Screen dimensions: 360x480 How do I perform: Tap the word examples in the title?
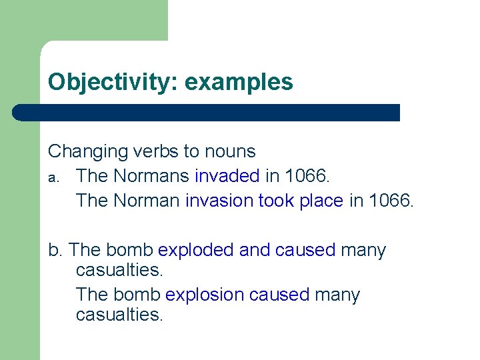tap(239, 82)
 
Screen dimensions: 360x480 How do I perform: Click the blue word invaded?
tap(227, 176)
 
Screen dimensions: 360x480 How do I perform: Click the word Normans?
tap(153, 176)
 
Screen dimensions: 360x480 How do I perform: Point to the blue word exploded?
tap(196, 251)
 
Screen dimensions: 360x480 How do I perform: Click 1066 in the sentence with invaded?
tap(307, 176)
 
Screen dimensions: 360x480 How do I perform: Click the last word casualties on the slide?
tap(119, 315)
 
